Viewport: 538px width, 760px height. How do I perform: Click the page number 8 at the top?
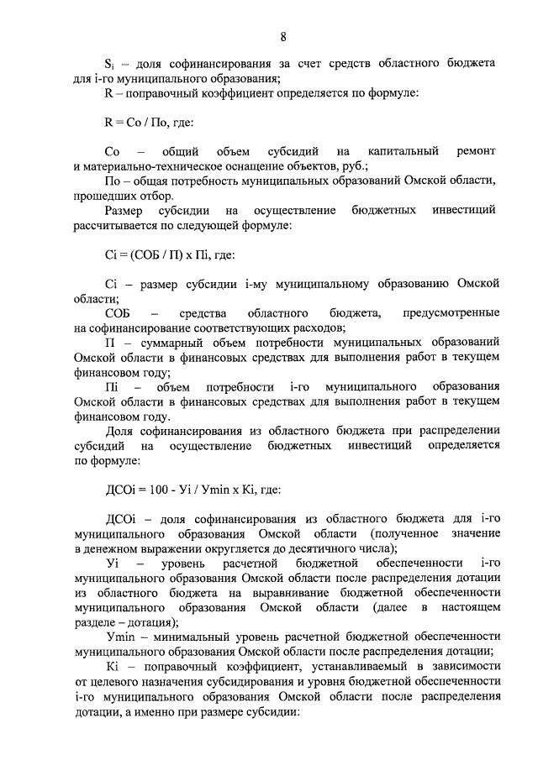[x=283, y=36]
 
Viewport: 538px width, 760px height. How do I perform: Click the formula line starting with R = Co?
[x=149, y=122]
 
